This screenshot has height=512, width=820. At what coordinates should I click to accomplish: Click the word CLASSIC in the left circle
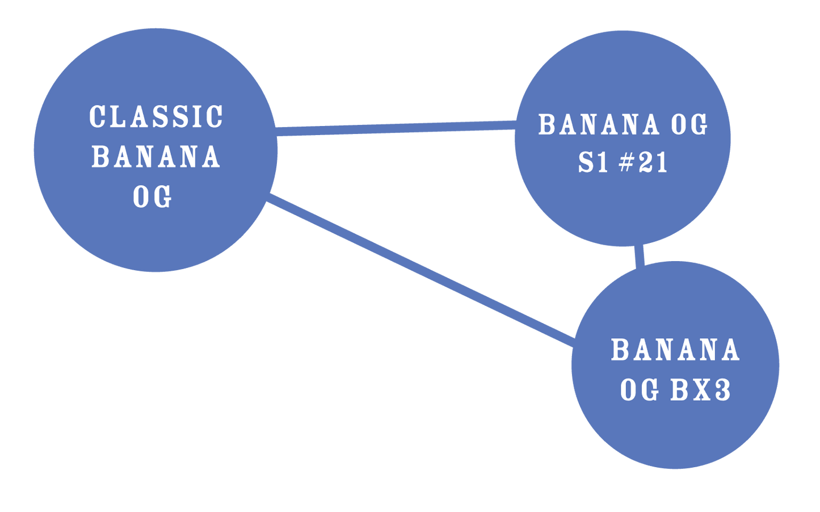pyautogui.click(x=156, y=117)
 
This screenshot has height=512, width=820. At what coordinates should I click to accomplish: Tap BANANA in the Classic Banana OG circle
pyautogui.click(x=156, y=157)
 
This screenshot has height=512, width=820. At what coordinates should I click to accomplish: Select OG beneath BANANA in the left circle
pyautogui.click(x=152, y=197)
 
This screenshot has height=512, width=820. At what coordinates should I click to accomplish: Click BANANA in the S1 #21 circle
pyautogui.click(x=599, y=125)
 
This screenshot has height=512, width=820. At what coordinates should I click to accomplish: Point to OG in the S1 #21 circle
pyautogui.click(x=689, y=125)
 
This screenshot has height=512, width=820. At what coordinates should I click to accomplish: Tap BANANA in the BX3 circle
pyautogui.click(x=675, y=350)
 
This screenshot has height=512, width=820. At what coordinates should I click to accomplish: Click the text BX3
pyautogui.click(x=700, y=391)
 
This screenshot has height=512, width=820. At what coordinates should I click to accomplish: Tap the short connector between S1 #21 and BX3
pyautogui.click(x=640, y=255)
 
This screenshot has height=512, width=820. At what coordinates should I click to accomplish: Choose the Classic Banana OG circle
pyautogui.click(x=155, y=238)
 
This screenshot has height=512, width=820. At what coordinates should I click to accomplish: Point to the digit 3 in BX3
pyautogui.click(x=722, y=391)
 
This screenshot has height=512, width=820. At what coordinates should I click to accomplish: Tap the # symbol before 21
pyautogui.click(x=626, y=163)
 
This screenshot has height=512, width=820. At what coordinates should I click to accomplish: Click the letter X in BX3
pyautogui.click(x=701, y=391)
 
